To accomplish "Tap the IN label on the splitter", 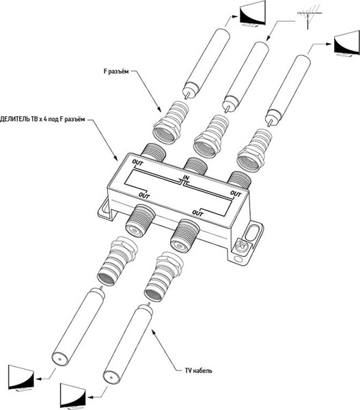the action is (185, 178).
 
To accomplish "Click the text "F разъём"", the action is (116, 71).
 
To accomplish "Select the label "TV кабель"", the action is (198, 370).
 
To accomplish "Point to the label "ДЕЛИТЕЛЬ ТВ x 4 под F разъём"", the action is (42, 119).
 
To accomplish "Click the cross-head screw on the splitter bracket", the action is (242, 247).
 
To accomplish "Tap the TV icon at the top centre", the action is (253, 14).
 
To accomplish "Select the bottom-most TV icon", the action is (73, 396).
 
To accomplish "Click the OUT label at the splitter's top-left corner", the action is (137, 163).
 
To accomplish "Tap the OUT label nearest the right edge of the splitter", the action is (235, 194).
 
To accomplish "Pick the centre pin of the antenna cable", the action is (227, 108).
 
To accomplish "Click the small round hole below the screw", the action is (238, 260).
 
